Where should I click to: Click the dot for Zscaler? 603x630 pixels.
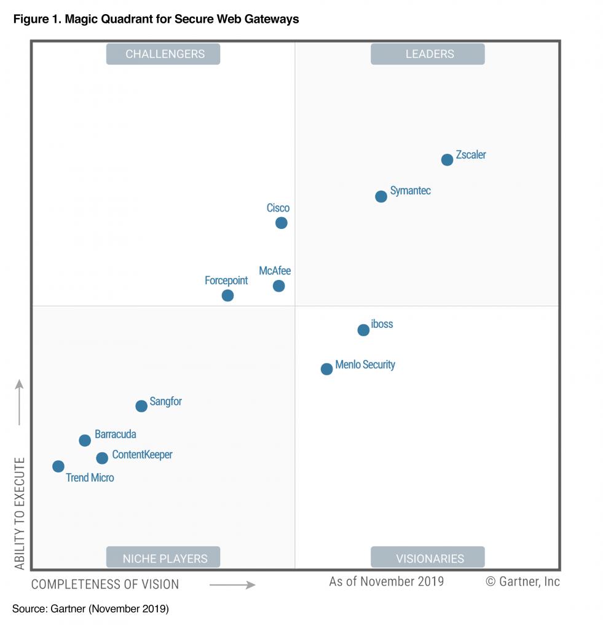[447, 160]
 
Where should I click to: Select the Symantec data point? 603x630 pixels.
[381, 196]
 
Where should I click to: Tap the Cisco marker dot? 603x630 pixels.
[281, 223]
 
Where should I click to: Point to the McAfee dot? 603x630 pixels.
[278, 285]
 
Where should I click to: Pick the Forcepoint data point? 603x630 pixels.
[227, 295]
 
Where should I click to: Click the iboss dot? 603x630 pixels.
[363, 330]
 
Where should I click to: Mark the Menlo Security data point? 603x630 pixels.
[326, 369]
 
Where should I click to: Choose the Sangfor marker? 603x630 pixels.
[141, 405]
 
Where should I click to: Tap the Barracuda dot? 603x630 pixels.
[85, 440]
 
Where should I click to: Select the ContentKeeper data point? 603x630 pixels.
[102, 458]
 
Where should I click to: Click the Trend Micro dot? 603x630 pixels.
[58, 466]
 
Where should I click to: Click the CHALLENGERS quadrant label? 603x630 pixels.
[163, 54]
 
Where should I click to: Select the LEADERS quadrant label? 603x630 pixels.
[428, 54]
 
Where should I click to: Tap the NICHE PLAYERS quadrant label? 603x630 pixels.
[163, 559]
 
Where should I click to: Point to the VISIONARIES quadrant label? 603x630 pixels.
[428, 559]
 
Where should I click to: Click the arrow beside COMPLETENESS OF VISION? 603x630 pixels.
[232, 584]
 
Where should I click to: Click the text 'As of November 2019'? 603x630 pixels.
[386, 581]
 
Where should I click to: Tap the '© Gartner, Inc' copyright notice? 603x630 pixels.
[522, 581]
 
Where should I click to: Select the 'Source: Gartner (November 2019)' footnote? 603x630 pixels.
[90, 609]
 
